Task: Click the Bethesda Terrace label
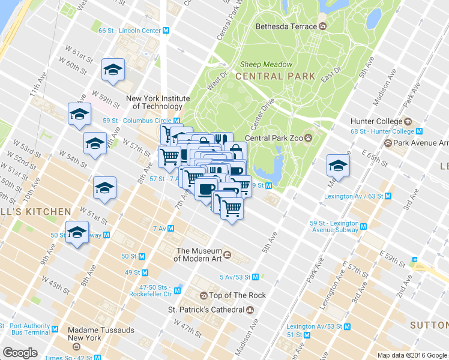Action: [x=286, y=26]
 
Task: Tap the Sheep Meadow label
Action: [x=266, y=65]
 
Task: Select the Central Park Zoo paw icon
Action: [x=309, y=137]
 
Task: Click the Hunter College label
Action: [x=376, y=122]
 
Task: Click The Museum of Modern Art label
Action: [x=197, y=255]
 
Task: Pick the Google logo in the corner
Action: [x=20, y=353]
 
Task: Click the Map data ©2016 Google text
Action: [x=412, y=355]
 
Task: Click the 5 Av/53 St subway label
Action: [x=235, y=277]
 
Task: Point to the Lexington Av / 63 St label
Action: [x=354, y=196]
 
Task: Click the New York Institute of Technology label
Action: [x=157, y=102]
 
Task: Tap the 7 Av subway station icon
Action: [x=171, y=229]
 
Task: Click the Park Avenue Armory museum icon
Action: [x=388, y=143]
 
